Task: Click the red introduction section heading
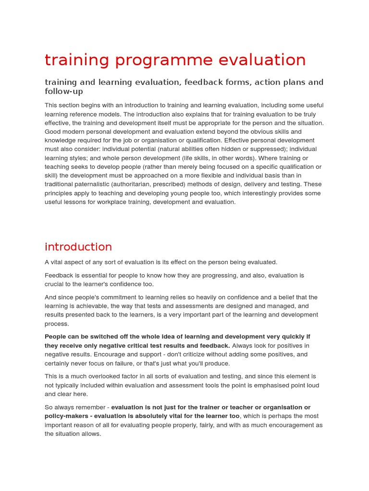coord(78,247)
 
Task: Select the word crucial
coord(56,284)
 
